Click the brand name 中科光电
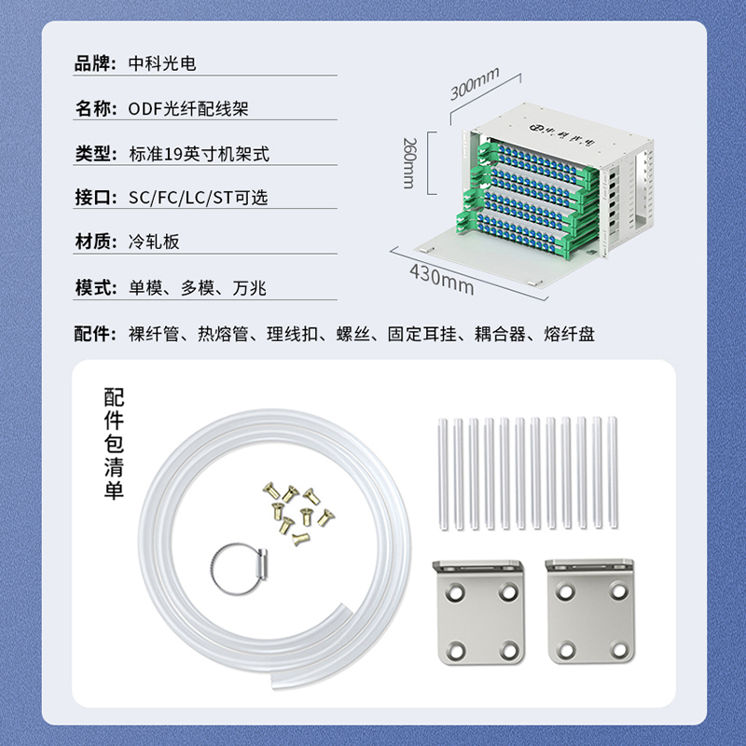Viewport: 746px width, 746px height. (162, 63)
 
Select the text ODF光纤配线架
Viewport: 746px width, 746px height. (188, 108)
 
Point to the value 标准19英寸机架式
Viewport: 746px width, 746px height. (199, 154)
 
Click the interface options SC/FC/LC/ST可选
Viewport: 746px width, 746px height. (198, 198)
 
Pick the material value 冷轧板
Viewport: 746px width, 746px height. (154, 242)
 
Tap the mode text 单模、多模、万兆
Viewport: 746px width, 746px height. (197, 288)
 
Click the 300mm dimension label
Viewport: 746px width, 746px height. (475, 84)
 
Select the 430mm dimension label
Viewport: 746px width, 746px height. (441, 280)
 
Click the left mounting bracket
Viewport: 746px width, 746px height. (479, 612)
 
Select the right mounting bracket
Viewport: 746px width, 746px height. (590, 611)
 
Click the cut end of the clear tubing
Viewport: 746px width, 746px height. (275, 681)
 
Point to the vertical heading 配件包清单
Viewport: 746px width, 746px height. (114, 444)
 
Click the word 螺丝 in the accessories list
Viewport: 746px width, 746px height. (353, 334)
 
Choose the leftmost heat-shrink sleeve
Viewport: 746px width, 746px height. (442, 474)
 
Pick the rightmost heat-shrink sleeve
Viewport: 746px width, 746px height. (613, 473)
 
